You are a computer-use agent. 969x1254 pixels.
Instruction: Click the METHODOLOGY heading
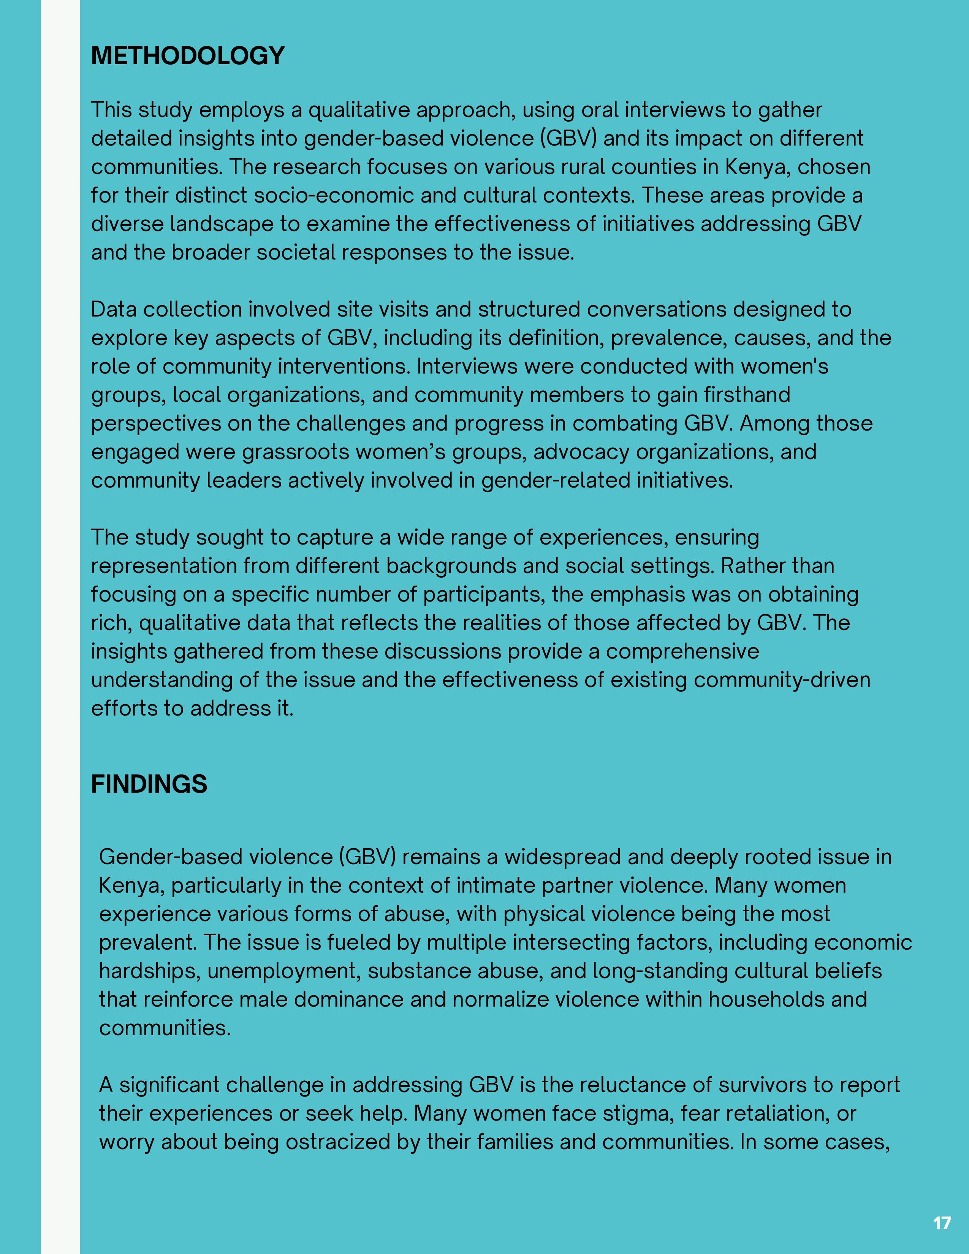(188, 56)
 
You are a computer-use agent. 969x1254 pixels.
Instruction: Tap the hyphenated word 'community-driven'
(782, 680)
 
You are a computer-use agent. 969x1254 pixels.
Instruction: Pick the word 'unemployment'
(284, 971)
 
